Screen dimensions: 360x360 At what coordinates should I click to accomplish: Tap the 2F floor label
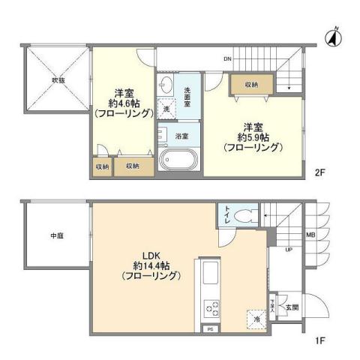click(319, 172)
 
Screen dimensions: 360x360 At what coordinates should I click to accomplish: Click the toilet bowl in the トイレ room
click(244, 216)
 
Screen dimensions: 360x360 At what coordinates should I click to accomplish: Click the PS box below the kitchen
click(211, 328)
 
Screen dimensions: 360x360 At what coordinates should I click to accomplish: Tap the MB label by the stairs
click(310, 235)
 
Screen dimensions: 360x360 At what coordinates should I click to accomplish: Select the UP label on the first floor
click(288, 250)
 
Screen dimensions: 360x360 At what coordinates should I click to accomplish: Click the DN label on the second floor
click(226, 58)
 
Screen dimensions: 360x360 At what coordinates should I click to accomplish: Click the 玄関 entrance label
click(291, 307)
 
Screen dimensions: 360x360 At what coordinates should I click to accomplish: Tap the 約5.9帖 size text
click(251, 136)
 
